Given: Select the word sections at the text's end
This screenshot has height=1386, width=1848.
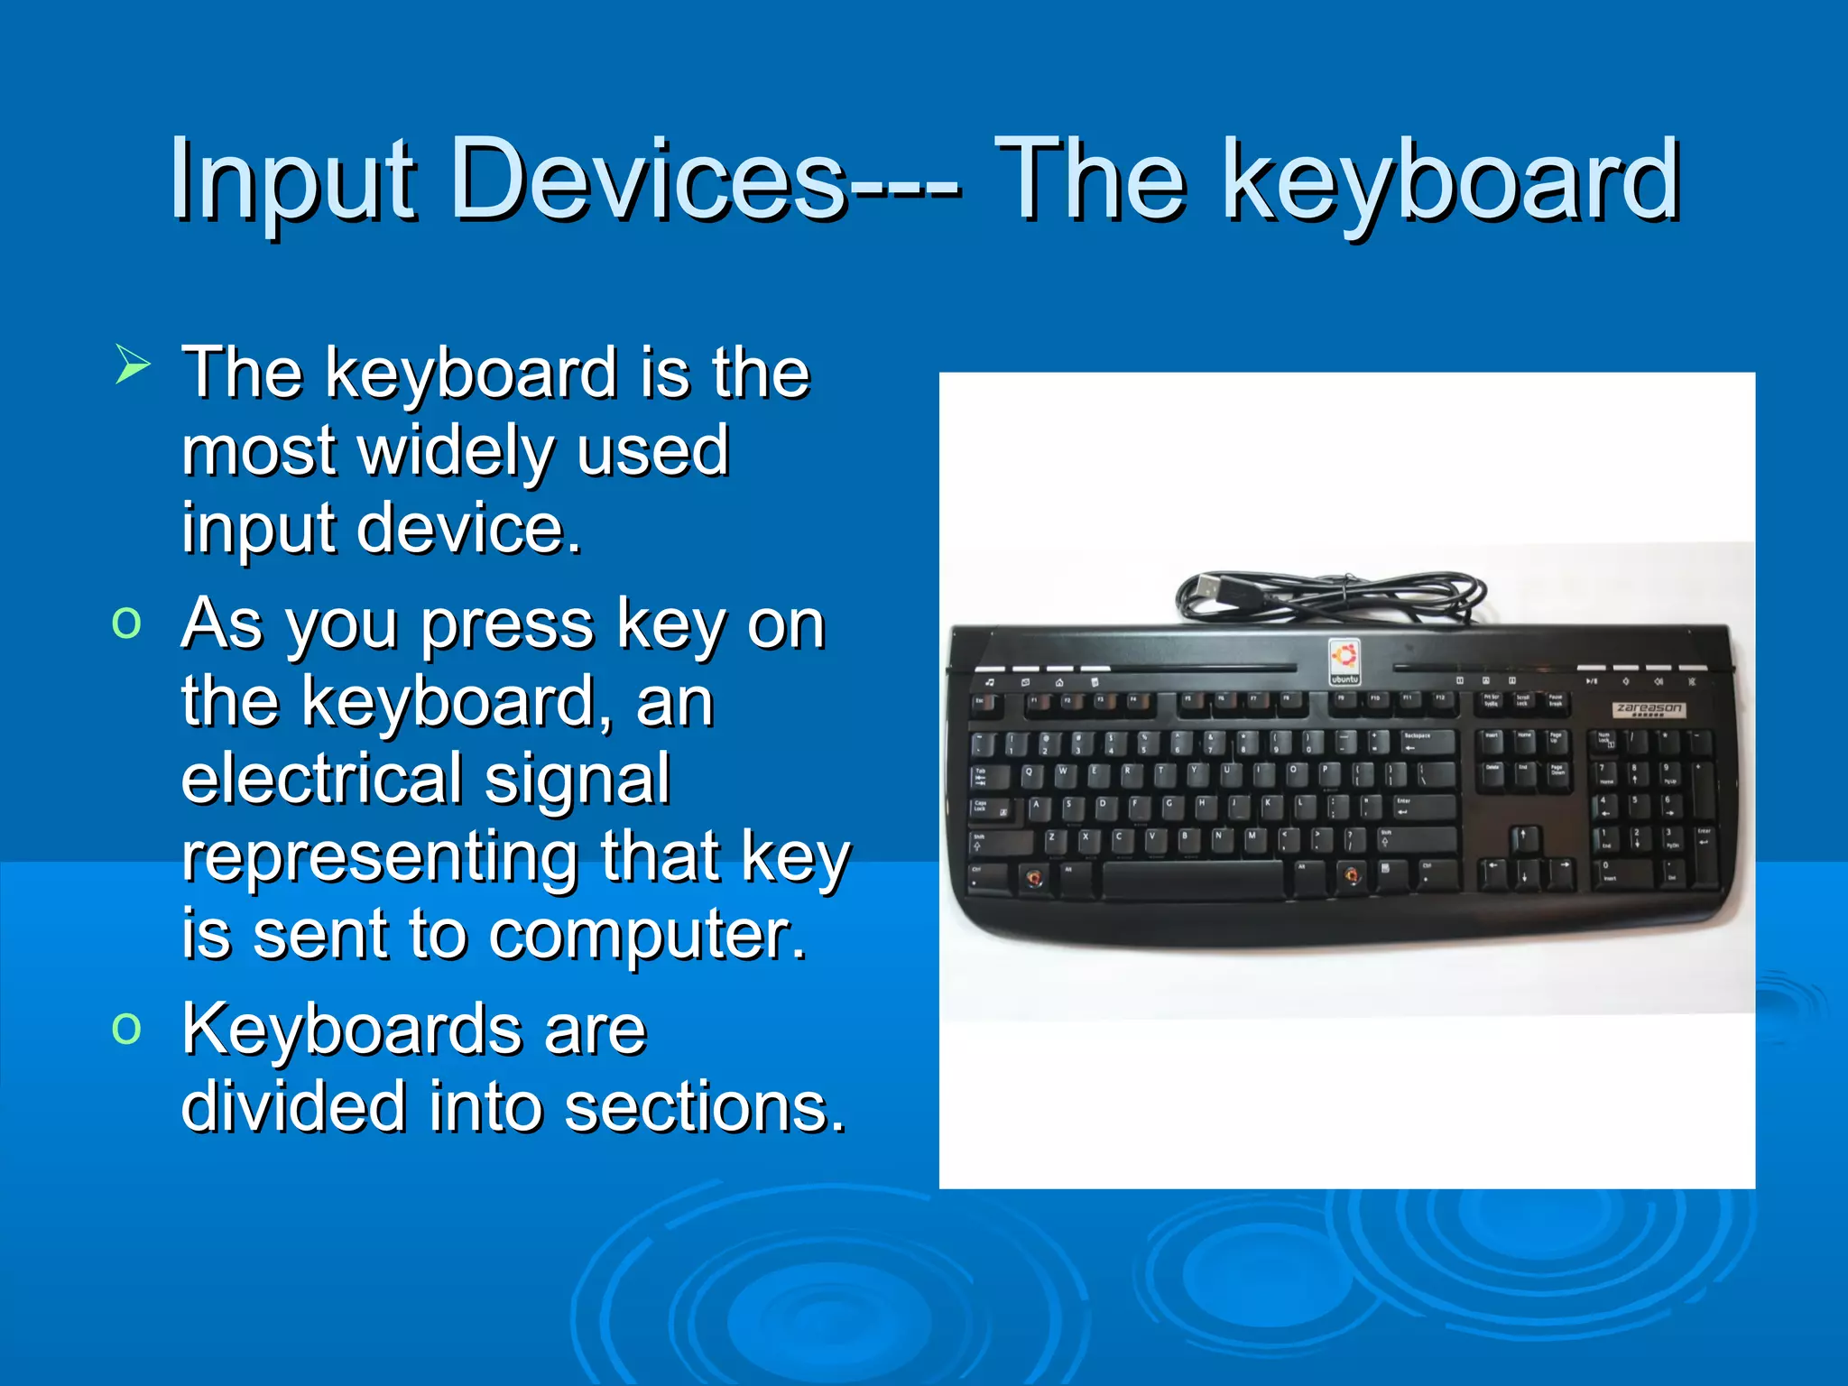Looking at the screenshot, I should tap(705, 1107).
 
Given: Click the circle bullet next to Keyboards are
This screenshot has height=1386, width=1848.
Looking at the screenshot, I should tap(127, 1027).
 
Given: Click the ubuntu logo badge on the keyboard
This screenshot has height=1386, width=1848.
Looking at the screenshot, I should tap(1344, 661).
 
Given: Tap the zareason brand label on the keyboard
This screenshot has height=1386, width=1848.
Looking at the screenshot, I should tap(1648, 709).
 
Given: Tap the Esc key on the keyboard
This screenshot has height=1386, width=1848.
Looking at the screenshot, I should tap(983, 704).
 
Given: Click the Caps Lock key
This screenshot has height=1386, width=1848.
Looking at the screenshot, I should tap(988, 808).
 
